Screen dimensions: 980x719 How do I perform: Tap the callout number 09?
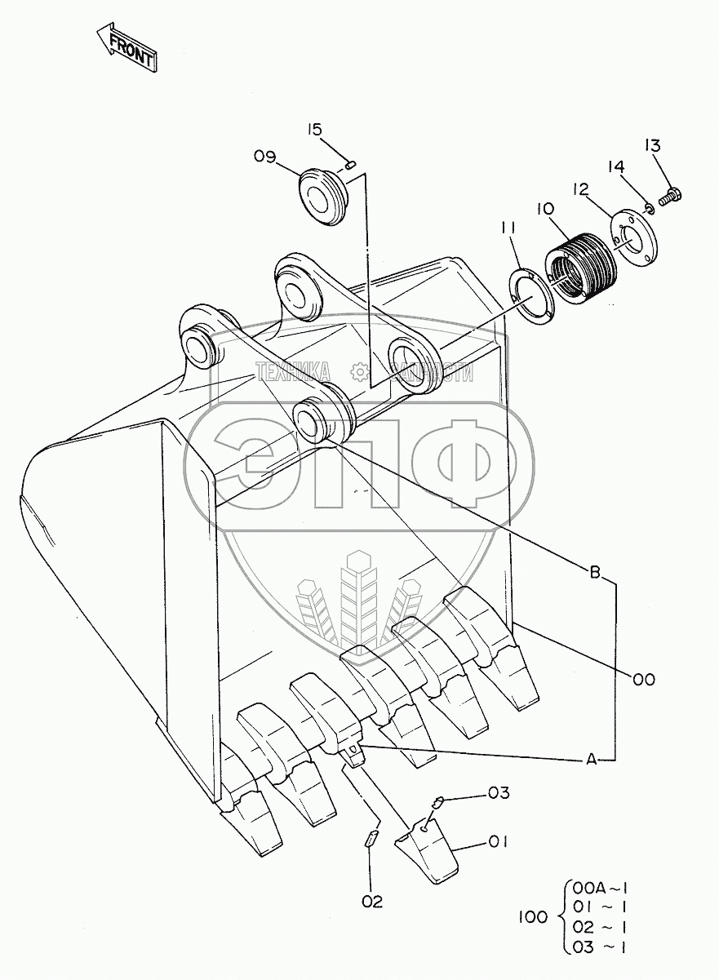coord(265,157)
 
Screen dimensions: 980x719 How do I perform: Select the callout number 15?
coord(316,129)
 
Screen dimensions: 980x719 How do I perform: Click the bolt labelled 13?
coord(671,195)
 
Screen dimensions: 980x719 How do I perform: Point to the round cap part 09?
coord(322,196)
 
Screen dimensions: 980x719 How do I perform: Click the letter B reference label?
coord(596,573)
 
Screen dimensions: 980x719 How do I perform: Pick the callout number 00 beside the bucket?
coord(643,678)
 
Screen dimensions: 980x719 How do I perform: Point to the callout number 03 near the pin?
coord(499,792)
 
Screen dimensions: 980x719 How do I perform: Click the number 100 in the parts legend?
coord(533,917)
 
